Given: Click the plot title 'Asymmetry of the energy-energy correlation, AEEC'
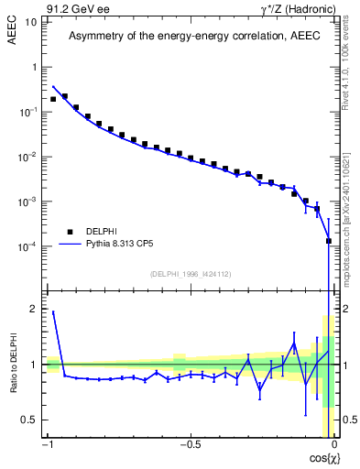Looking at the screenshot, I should click(x=190, y=37).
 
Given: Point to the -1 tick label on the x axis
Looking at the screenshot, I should click(x=48, y=446).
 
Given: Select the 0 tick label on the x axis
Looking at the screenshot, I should click(x=333, y=446).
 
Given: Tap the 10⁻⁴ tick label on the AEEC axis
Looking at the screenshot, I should click(x=27, y=246).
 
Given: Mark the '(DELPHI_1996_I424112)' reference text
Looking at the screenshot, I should click(x=190, y=273).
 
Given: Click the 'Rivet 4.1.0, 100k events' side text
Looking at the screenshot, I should click(x=345, y=64).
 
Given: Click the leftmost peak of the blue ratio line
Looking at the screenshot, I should click(x=53, y=312).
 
